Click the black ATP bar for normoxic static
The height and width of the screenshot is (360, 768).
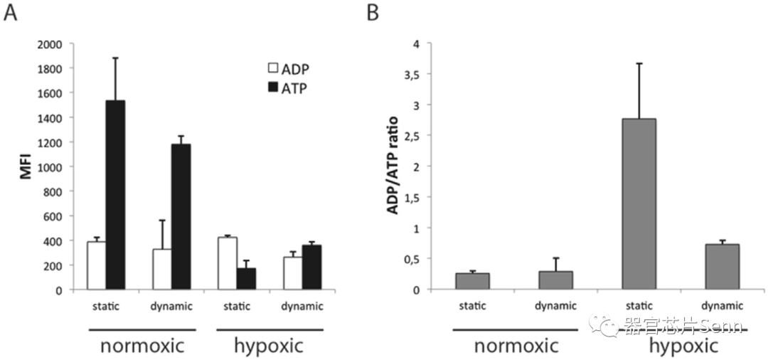pos(115,195)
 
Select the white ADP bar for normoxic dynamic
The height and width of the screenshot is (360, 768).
pos(161,269)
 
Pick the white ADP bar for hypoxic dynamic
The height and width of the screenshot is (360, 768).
pos(292,273)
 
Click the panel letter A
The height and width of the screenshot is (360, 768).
pos(11,13)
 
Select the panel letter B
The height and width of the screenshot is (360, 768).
pos(373,13)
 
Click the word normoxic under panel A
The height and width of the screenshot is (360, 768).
pos(142,346)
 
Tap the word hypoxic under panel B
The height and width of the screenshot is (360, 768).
pos(683,346)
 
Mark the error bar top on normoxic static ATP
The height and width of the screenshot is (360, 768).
pos(115,58)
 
